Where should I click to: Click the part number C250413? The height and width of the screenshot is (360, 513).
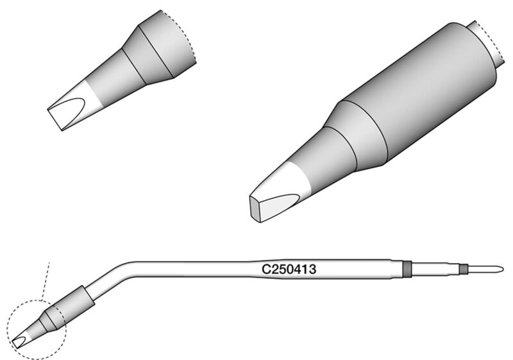[289, 270]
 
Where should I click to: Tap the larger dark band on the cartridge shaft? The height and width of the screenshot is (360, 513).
[407, 269]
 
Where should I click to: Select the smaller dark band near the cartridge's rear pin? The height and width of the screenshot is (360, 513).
[463, 269]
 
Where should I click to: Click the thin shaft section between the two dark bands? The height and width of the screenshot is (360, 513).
[435, 269]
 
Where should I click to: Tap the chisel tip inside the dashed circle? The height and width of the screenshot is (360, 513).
[21, 341]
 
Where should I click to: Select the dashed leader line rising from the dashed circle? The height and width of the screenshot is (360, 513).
[46, 281]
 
